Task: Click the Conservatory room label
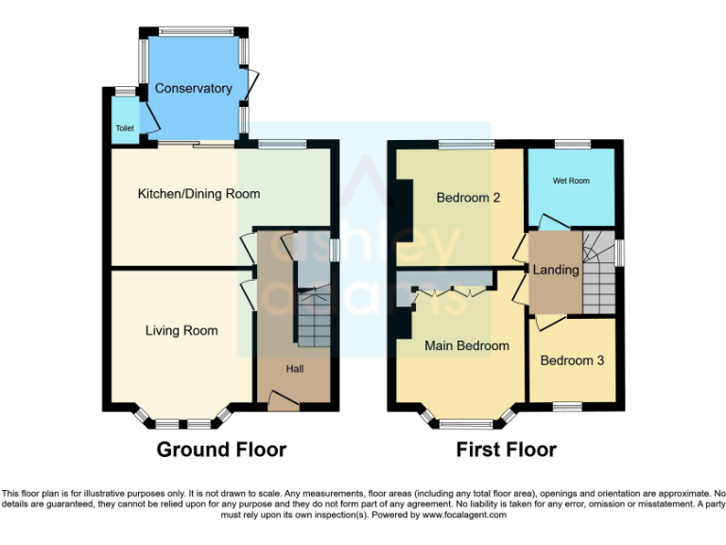coord(193,88)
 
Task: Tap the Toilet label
coord(124,128)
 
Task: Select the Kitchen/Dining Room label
coord(199,194)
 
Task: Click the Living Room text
coord(181,330)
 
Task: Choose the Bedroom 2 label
coord(467,198)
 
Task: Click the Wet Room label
coord(571,180)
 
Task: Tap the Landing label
coord(556,270)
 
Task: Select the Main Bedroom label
coord(467,345)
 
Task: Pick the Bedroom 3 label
coord(572,360)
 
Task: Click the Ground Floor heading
coord(221,449)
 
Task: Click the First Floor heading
coord(506,449)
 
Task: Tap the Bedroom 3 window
coord(566,407)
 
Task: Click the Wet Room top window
coord(573,144)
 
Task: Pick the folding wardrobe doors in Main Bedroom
coord(451,292)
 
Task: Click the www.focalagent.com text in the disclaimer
coord(464,516)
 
